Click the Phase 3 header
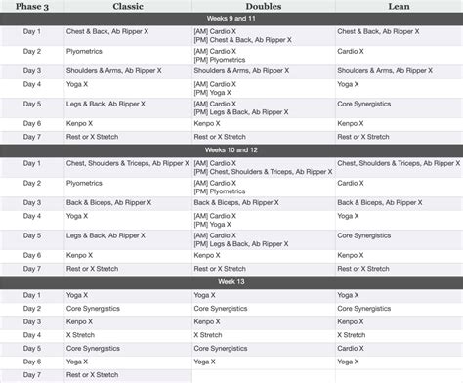(x=22, y=7)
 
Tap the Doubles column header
(x=263, y=7)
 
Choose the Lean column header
(x=399, y=7)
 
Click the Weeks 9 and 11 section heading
(x=231, y=20)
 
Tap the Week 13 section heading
(x=231, y=281)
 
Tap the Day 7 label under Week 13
(x=32, y=374)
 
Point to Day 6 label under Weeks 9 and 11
(x=32, y=123)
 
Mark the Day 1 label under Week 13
(x=32, y=294)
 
